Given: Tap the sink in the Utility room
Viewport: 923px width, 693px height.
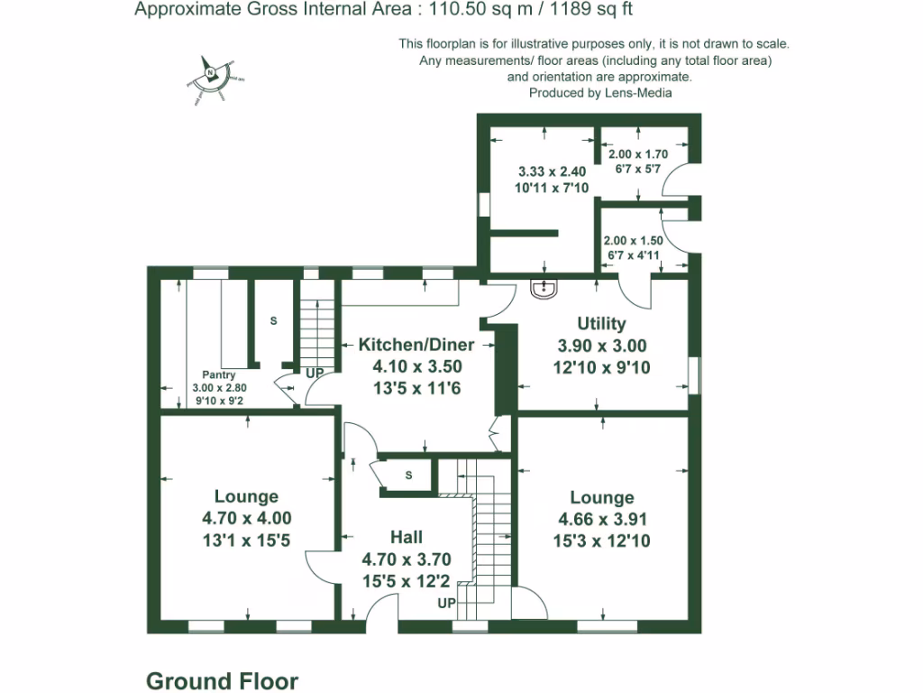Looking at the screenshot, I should pyautogui.click(x=544, y=289).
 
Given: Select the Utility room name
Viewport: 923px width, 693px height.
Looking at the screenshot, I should pyautogui.click(x=601, y=323).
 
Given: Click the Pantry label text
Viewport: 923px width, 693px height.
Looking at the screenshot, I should pyautogui.click(x=219, y=375).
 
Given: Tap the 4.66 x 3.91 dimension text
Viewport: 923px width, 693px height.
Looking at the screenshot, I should pyautogui.click(x=602, y=520).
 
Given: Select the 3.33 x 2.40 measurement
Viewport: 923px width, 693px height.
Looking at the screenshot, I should pyautogui.click(x=552, y=171).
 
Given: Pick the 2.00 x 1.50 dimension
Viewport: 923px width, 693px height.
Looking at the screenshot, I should pyautogui.click(x=633, y=241).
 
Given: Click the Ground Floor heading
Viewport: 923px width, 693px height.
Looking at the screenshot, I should pyautogui.click(x=222, y=680).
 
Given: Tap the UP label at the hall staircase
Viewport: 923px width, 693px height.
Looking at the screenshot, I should pyautogui.click(x=446, y=603).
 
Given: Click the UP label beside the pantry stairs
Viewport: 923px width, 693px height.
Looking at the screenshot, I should pyautogui.click(x=315, y=373).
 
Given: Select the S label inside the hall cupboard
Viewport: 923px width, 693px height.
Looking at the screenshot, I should pyautogui.click(x=408, y=476).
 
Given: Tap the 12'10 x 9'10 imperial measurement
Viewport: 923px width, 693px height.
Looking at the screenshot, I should pyautogui.click(x=601, y=367).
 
